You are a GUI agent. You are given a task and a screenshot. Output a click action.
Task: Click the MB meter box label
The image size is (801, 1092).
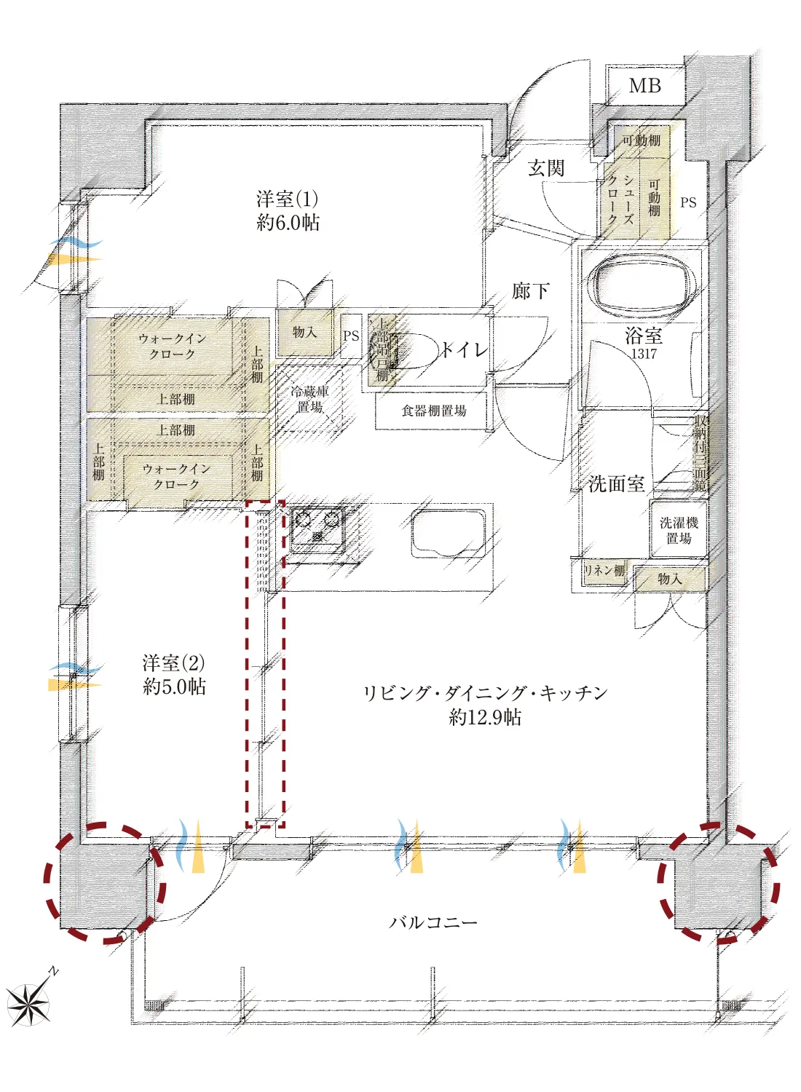click(644, 86)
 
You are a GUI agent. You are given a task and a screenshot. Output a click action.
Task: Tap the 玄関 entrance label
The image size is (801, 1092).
click(545, 168)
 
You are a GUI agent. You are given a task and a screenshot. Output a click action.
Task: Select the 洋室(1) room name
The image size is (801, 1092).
click(287, 199)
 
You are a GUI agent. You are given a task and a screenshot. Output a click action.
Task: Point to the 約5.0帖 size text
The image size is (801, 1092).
click(174, 687)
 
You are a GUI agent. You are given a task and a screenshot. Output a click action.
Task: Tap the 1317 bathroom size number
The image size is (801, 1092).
click(644, 354)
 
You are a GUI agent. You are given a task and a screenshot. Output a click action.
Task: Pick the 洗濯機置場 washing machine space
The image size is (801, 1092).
click(679, 531)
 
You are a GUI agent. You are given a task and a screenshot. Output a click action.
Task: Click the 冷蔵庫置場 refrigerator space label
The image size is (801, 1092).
click(309, 399)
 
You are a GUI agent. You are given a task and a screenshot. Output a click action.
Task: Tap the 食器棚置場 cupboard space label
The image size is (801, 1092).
click(434, 411)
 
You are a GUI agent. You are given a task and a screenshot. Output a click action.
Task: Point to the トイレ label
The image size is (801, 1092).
click(463, 350)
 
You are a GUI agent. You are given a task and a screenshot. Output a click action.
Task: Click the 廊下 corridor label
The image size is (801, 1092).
click(530, 291)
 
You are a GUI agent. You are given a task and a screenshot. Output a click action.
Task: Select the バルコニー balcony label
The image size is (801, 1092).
click(433, 922)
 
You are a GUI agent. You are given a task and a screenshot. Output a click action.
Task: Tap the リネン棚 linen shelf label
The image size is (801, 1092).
click(604, 571)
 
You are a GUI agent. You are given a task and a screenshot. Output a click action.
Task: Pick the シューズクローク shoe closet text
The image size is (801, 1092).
click(620, 199)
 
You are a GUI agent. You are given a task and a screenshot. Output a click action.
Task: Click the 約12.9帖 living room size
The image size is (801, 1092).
click(485, 718)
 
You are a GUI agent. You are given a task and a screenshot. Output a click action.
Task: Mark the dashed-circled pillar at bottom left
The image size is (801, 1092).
click(105, 883)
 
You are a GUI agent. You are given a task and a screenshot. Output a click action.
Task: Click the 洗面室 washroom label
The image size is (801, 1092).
click(616, 483)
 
